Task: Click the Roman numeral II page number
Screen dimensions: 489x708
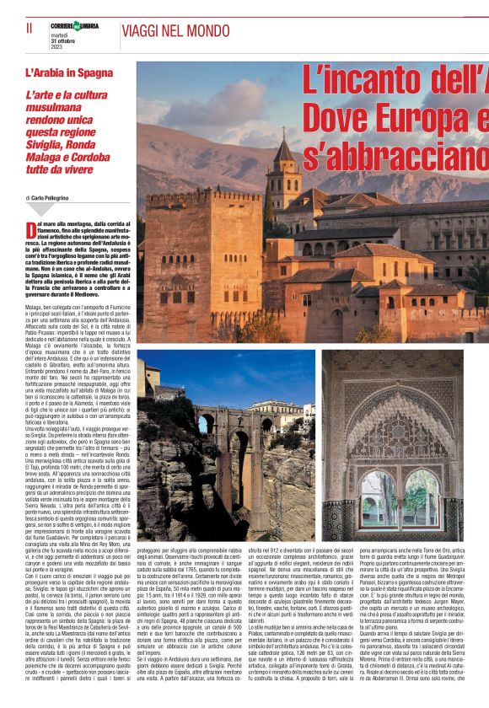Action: (30, 28)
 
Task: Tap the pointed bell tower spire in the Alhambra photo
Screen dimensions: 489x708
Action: (283, 150)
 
